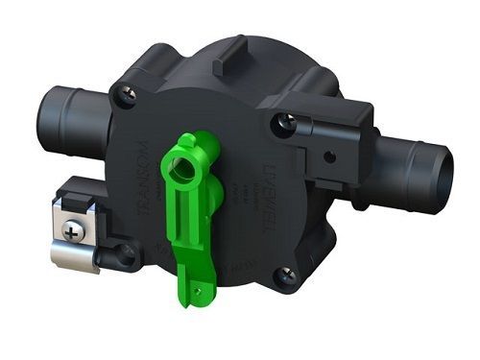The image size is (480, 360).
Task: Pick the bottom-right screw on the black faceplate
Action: coord(285,276)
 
